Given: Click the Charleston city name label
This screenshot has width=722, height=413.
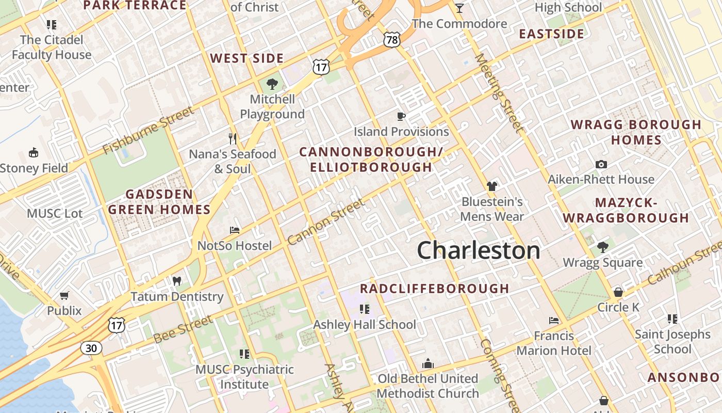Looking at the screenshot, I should pos(479,250).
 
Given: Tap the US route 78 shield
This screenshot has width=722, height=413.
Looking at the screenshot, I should pos(392,39).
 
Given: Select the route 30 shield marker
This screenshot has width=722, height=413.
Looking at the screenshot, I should pos(91,348).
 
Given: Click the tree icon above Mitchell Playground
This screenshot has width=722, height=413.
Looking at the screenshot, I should pos(272,84).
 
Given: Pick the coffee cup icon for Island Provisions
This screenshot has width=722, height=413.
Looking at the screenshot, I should pos(401,116).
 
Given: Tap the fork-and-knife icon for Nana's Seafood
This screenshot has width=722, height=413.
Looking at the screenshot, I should pos(233,138).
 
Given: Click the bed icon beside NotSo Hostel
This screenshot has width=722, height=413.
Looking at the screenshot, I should pos(235,230).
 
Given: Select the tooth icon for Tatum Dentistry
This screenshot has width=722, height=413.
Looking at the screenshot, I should pos(177,281).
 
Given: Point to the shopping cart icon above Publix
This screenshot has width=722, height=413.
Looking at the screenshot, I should pos(64,295).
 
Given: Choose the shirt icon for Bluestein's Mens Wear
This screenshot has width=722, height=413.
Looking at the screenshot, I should pos(492,186).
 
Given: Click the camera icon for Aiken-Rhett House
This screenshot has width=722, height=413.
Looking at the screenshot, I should pos(601,164).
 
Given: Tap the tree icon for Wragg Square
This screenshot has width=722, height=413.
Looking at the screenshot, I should pos(602,247).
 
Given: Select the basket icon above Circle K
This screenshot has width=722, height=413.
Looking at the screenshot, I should pos(618,292).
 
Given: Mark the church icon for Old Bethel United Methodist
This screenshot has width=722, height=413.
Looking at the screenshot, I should pos(428,363).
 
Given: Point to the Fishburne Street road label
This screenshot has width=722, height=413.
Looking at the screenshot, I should pos(149,131).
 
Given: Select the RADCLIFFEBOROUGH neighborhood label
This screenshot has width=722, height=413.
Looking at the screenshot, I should pos(434,289).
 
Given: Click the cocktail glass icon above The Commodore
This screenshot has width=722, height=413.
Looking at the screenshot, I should pos(459,8).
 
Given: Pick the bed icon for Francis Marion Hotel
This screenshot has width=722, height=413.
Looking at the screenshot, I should pos(554,321).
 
